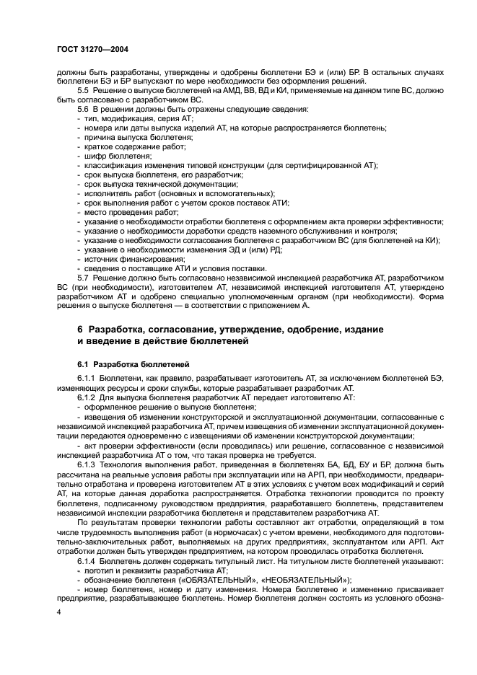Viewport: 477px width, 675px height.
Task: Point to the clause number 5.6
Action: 83,109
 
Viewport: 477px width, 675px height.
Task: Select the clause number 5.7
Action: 83,277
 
